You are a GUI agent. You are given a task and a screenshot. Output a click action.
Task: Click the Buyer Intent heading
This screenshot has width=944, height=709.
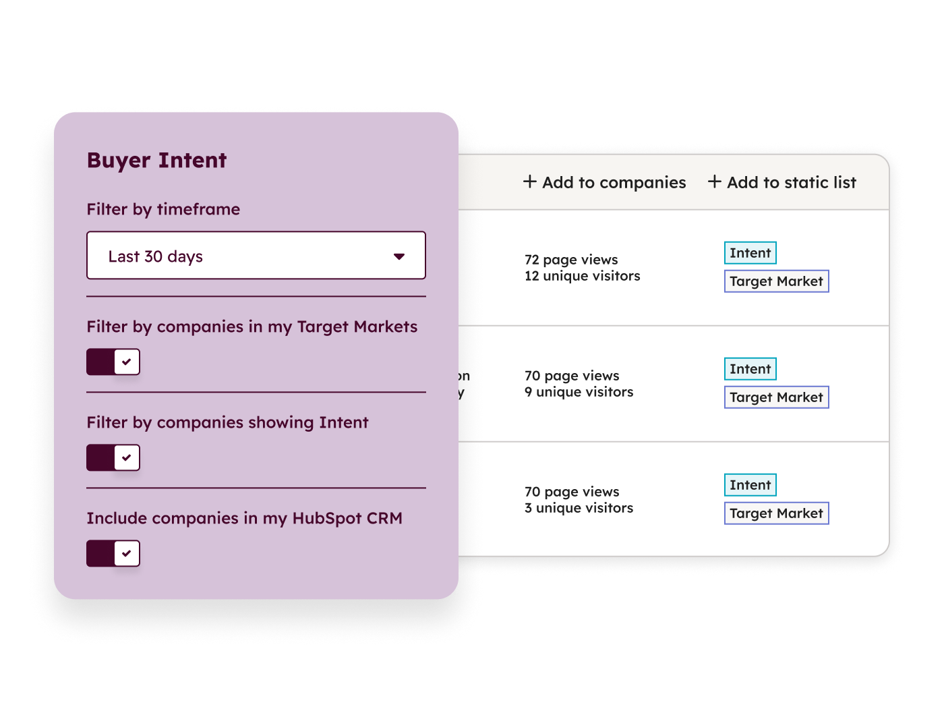click(x=156, y=161)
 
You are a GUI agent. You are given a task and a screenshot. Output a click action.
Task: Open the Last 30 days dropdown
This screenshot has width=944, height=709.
click(x=256, y=256)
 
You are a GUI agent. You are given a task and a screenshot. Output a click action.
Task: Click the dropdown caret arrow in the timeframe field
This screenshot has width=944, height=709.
click(x=399, y=256)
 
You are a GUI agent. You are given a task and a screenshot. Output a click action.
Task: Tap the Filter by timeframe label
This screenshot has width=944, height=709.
click(x=163, y=209)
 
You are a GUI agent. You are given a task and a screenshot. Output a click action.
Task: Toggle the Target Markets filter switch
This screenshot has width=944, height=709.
click(x=113, y=362)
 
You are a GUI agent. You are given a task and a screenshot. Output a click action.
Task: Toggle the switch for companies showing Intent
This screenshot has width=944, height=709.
click(x=113, y=457)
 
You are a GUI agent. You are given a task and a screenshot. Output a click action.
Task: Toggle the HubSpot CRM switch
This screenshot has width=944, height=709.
click(x=113, y=553)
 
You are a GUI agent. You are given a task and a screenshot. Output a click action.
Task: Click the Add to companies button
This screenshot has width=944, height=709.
click(x=605, y=182)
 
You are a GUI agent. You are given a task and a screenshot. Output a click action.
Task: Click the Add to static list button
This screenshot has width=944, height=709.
click(x=782, y=182)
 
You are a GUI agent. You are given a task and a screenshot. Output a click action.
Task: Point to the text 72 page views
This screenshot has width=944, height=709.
click(x=571, y=260)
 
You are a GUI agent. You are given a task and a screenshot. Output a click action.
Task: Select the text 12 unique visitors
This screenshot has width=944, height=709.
click(x=583, y=276)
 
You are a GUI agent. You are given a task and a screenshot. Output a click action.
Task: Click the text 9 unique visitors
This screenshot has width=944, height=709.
click(x=579, y=392)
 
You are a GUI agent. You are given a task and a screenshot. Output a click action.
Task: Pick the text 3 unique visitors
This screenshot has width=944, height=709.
click(x=579, y=508)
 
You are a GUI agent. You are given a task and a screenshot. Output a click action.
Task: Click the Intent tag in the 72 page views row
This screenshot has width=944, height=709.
click(x=750, y=253)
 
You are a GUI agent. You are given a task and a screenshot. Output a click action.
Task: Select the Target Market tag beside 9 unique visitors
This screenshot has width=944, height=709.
click(x=776, y=397)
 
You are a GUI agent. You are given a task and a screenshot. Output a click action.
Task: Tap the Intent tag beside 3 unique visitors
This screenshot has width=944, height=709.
click(x=750, y=485)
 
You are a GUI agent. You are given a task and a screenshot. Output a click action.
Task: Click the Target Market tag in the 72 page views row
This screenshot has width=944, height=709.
click(x=776, y=281)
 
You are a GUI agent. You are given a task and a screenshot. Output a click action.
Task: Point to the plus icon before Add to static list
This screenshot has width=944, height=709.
click(x=715, y=181)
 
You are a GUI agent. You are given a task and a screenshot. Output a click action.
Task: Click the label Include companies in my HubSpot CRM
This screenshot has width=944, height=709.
click(x=244, y=518)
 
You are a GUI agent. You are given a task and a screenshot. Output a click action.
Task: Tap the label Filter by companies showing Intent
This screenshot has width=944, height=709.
click(x=227, y=422)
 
